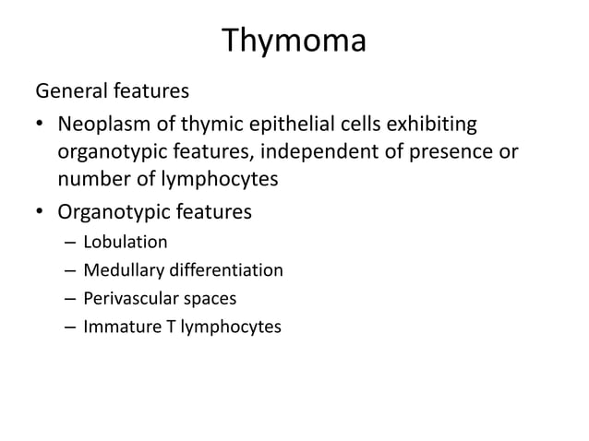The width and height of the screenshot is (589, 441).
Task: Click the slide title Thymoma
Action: click(x=294, y=42)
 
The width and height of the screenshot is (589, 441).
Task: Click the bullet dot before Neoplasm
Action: click(x=40, y=124)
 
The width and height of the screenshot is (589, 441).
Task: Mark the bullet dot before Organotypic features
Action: click(x=40, y=213)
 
